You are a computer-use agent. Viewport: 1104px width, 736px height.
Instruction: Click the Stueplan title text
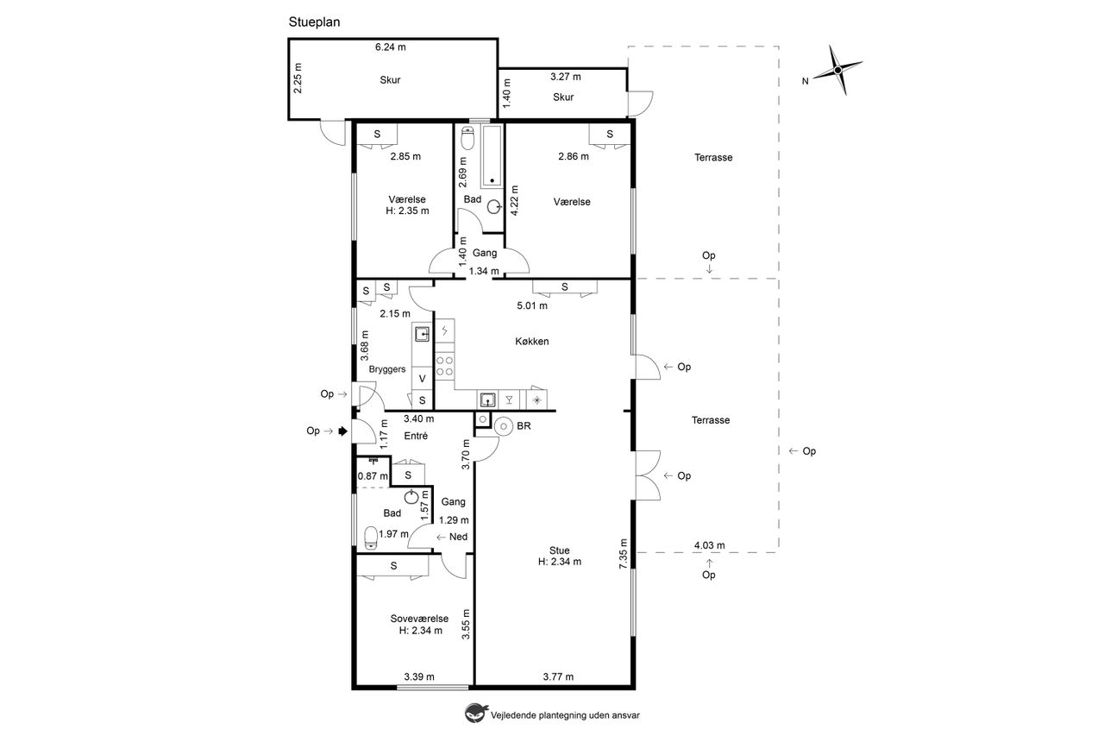point(314,22)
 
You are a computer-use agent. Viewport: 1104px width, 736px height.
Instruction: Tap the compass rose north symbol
point(837,71)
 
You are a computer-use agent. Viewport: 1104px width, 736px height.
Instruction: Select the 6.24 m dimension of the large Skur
point(391,47)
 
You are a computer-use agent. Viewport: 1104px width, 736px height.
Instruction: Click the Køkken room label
point(532,341)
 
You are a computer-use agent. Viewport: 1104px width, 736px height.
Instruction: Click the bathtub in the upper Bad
point(492,156)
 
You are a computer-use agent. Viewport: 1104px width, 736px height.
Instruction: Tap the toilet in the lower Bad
point(370,538)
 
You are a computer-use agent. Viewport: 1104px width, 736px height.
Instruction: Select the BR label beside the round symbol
point(524,426)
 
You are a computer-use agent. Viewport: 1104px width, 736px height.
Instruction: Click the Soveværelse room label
point(419,619)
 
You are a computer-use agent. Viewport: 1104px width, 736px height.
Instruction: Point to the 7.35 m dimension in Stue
point(624,554)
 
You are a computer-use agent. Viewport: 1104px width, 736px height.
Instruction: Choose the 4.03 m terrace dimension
point(709,545)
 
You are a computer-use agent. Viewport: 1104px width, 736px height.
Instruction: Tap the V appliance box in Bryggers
point(423,379)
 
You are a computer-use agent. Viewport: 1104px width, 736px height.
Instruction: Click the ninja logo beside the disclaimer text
point(475,714)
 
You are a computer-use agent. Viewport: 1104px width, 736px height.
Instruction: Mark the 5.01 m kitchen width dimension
point(532,305)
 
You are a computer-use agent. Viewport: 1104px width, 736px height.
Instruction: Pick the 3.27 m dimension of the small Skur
point(565,77)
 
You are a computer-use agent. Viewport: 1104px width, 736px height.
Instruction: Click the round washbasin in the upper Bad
point(494,206)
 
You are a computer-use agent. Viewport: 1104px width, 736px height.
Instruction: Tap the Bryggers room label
point(387,369)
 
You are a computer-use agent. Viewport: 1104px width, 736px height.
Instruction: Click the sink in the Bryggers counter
point(422,334)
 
